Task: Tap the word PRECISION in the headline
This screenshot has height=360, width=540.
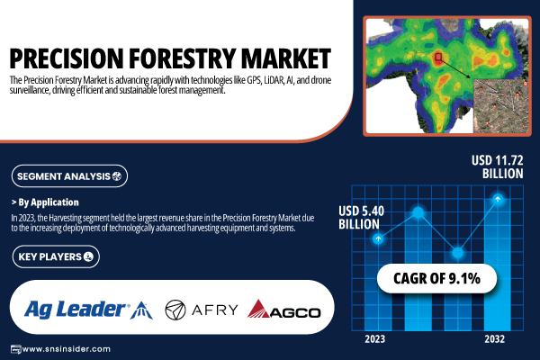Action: [x=67, y=58]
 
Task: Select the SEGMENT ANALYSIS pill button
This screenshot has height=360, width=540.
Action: [x=69, y=176]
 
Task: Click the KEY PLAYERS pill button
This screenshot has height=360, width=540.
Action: [x=56, y=256]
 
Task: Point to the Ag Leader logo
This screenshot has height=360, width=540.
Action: [x=88, y=310]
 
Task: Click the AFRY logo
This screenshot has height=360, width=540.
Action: [x=202, y=310]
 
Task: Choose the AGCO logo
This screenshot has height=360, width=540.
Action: [x=283, y=309]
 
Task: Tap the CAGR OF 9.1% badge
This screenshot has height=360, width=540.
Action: [x=436, y=278]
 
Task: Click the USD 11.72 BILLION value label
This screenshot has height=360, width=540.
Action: [x=498, y=167]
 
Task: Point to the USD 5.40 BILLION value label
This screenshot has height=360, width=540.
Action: [x=361, y=218]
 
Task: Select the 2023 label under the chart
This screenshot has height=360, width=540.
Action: [x=374, y=339]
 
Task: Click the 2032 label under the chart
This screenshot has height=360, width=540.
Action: [x=494, y=339]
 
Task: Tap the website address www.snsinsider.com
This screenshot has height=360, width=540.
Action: [x=66, y=349]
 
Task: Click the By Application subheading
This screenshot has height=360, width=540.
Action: [x=45, y=202]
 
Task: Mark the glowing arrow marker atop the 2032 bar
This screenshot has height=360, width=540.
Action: [x=498, y=199]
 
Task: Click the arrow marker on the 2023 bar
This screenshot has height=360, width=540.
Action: [x=378, y=238]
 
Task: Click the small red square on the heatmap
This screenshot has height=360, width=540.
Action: [x=438, y=57]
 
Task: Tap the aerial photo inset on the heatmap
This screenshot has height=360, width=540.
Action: [x=500, y=106]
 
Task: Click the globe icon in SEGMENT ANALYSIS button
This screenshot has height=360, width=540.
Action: [x=117, y=176]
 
